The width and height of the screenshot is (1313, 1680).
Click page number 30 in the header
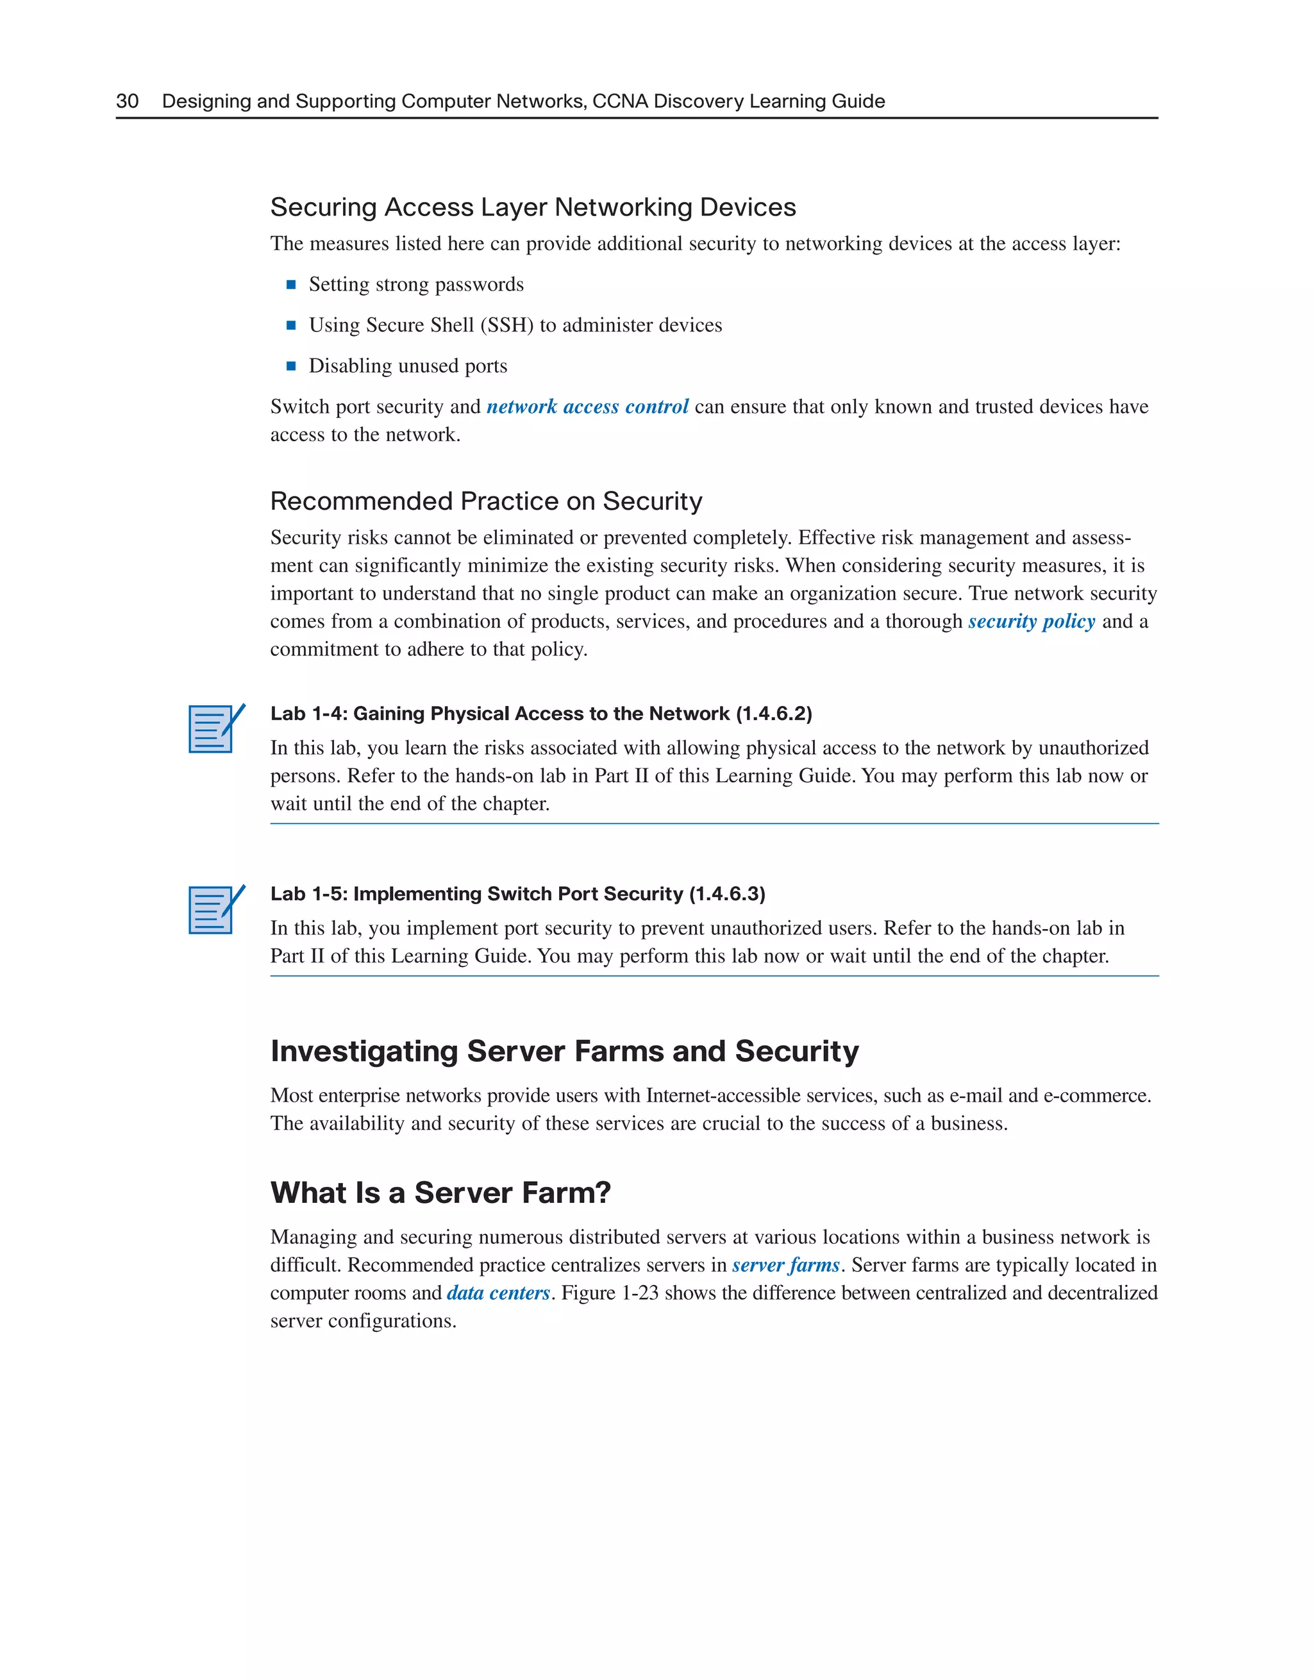click(127, 101)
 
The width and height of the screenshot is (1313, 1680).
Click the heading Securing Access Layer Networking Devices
click(533, 207)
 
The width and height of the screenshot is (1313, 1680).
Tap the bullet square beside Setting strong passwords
click(291, 285)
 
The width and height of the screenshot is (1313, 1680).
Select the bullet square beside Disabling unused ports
click(291, 366)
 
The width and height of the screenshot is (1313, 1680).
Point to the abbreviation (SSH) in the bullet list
click(507, 324)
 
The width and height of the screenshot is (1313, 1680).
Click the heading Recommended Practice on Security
click(486, 501)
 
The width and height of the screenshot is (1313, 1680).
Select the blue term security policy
click(1031, 621)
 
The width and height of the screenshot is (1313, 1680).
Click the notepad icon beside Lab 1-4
click(215, 728)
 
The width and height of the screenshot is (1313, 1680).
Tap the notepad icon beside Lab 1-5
click(215, 909)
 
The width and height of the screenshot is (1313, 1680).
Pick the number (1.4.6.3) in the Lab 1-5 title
click(727, 894)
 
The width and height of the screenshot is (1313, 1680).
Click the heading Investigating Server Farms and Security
click(564, 1051)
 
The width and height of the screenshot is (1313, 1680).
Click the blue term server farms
click(785, 1265)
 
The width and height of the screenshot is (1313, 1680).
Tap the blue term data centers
click(498, 1293)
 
